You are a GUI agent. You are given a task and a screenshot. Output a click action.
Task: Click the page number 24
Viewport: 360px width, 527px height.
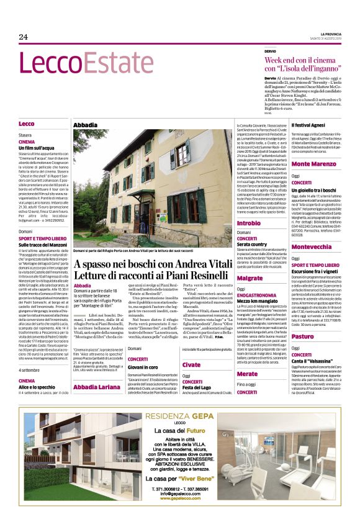coord(24,37)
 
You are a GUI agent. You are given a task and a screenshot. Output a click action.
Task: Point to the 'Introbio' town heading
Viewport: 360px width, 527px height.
coord(249,222)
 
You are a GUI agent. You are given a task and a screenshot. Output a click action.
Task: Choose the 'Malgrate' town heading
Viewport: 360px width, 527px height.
coord(250,278)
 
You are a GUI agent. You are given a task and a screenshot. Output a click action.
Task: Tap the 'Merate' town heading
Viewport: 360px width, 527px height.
coord(248,374)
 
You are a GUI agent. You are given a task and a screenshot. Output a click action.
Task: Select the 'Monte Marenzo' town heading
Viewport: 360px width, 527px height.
coord(313,164)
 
